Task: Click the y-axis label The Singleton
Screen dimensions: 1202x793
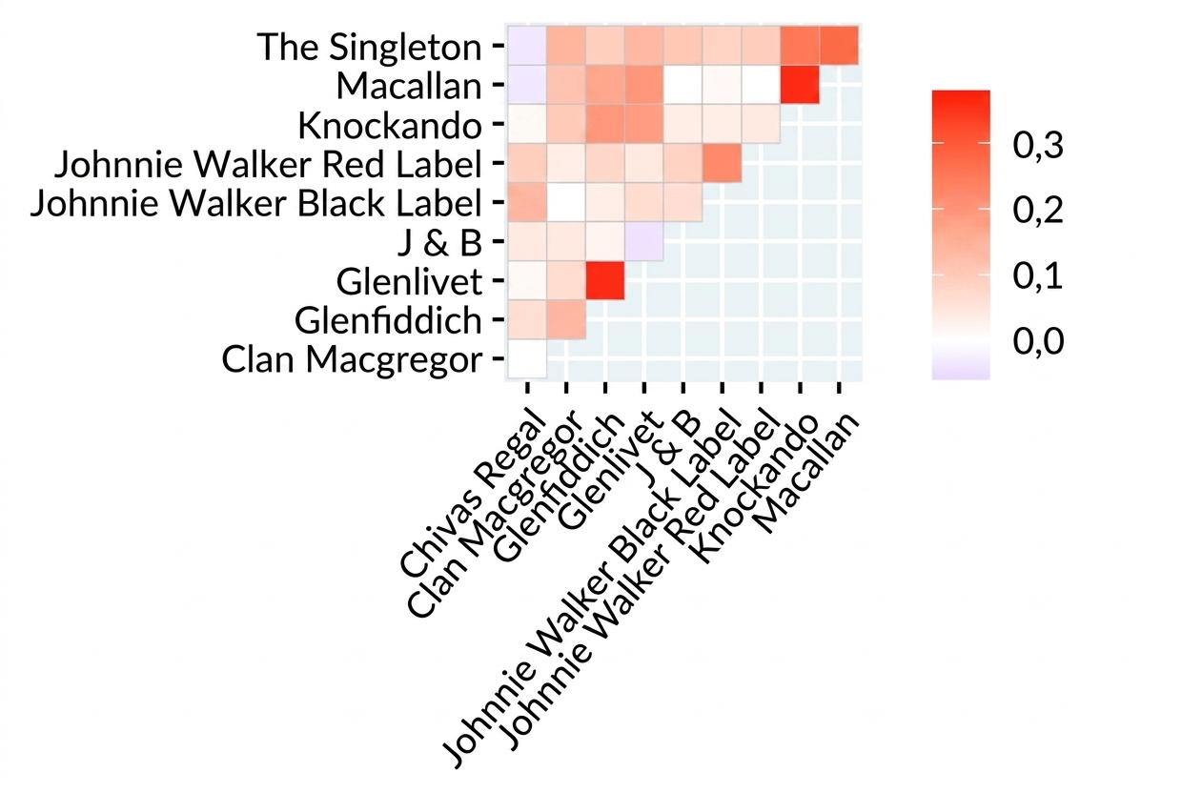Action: [370, 48]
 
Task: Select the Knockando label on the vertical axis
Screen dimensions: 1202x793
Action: [390, 126]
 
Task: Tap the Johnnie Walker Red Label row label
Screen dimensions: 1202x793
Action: [268, 164]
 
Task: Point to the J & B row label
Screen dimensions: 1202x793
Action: [439, 242]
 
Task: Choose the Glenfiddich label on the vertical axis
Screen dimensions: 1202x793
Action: [388, 320]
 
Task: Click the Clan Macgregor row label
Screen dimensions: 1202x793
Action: [352, 360]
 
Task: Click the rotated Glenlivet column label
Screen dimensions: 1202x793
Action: [607, 469]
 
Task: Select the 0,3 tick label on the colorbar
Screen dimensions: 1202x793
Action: [1038, 145]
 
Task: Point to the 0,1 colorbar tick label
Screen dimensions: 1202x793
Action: [1038, 275]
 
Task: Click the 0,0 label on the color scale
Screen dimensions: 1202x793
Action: [1038, 340]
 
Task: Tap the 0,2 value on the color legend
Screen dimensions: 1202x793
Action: [1038, 210]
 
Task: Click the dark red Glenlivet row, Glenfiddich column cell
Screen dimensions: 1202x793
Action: [605, 280]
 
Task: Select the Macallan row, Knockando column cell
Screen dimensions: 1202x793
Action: [800, 85]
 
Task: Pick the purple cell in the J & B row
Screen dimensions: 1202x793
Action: [644, 241]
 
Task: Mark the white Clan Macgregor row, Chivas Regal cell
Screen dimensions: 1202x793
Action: [527, 358]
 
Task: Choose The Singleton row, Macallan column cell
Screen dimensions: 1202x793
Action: [839, 46]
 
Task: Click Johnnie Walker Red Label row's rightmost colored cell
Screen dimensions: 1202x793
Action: [723, 163]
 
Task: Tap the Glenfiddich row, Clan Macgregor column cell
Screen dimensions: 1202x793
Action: [566, 319]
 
